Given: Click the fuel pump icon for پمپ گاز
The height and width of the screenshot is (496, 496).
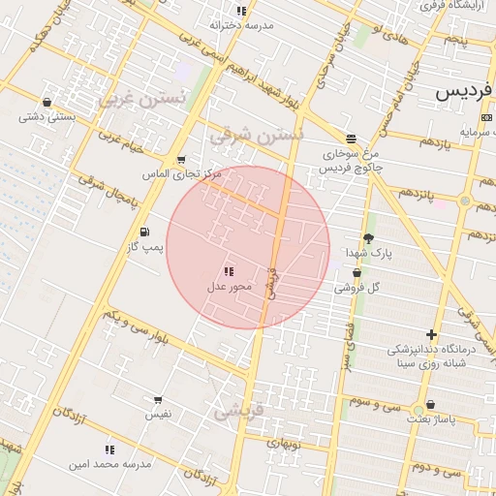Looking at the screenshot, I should click(145, 232).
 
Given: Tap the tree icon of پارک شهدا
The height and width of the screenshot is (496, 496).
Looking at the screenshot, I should click(368, 238).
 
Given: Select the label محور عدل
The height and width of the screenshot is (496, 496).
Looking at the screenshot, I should click(230, 287).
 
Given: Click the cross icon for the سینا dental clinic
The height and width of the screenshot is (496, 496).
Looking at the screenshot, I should click(431, 334).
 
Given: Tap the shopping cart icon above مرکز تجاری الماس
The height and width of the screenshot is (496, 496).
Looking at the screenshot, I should click(181, 160).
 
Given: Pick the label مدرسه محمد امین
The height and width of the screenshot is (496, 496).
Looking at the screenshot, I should click(109, 464).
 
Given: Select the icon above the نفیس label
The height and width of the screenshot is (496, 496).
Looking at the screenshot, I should click(158, 398).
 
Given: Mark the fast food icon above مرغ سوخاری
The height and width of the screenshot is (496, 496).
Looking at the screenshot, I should click(350, 138).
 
